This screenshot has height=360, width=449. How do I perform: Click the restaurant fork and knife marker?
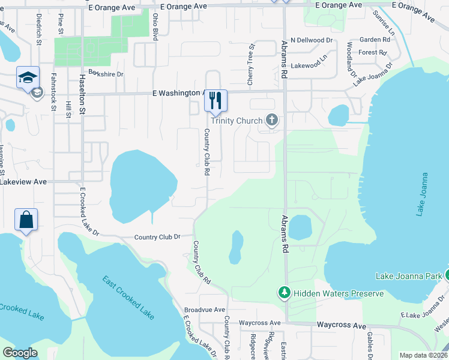tap(216, 100)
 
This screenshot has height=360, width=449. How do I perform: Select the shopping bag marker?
tap(26, 220)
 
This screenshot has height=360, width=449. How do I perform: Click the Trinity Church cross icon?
tap(272, 121)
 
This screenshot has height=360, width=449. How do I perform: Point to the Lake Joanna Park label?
tap(409, 276)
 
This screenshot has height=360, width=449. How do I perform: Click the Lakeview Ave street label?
tap(23, 181)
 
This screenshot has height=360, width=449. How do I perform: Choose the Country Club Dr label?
tap(157, 237)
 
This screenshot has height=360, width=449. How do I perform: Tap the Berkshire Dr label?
tap(106, 74)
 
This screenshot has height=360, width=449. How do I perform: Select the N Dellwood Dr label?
tap(311, 40)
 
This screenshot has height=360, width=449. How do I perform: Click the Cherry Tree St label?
tap(252, 62)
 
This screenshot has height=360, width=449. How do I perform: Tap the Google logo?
tap(20, 352)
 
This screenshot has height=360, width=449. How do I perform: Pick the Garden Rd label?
tap(375, 40)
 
